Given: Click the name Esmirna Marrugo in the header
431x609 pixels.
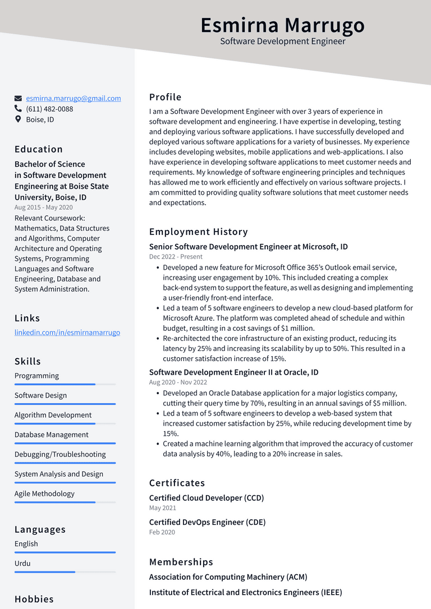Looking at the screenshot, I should [282, 25].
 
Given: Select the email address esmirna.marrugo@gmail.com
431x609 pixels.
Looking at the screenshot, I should [73, 98].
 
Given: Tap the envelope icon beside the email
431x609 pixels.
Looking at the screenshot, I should [18, 98].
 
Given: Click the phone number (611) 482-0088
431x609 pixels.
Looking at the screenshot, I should [49, 109].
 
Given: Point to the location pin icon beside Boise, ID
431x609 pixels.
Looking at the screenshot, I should [18, 119].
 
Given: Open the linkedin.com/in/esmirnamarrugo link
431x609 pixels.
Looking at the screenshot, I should [67, 333].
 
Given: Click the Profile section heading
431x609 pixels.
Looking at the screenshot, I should [165, 97].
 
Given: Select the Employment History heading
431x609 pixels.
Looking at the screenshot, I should [198, 232].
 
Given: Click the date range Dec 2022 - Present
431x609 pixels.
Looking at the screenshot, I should [176, 257].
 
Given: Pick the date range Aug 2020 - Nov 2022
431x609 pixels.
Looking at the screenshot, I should [178, 382].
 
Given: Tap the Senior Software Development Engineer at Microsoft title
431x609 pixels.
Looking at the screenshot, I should [248, 247].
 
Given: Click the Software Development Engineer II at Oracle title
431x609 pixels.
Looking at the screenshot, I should [233, 372].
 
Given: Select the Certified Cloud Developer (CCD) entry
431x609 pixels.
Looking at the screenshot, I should [206, 498].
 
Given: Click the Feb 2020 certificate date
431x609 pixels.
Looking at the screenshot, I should [162, 532].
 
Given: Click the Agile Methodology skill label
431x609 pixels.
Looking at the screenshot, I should [44, 493].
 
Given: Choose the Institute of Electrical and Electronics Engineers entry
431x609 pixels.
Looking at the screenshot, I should [245, 592].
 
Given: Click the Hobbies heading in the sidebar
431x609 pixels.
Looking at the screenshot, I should [34, 599].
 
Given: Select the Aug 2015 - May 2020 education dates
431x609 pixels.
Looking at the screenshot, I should [43, 207].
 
